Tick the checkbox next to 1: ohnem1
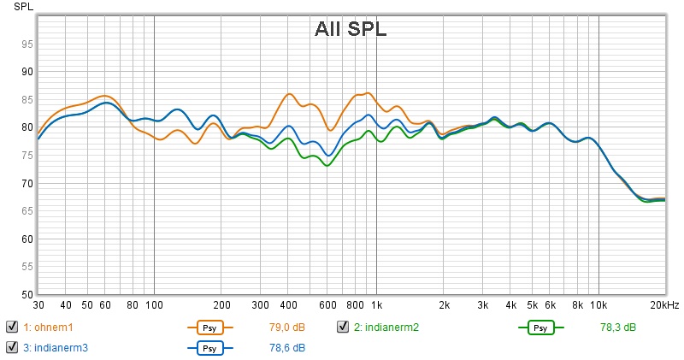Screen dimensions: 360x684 tap(12, 327)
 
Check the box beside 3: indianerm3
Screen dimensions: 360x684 tap(12, 347)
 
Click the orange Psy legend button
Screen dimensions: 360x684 tap(207, 328)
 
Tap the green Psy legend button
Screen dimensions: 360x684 tap(540, 328)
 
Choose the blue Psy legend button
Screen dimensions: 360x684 tap(207, 348)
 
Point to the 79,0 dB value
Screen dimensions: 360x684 tap(287, 328)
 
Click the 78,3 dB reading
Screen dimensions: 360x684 tap(618, 328)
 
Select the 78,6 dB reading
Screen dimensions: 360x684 tap(287, 348)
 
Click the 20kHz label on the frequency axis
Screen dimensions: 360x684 tap(663, 305)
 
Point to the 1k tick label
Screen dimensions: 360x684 tap(376, 305)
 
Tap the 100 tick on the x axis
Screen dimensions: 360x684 tap(154, 305)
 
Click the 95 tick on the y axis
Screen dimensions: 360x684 tap(27, 44)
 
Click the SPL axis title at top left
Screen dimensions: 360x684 tap(12, 7)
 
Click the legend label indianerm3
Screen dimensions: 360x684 tap(58, 348)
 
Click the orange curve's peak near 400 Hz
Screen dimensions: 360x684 tap(289, 94)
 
